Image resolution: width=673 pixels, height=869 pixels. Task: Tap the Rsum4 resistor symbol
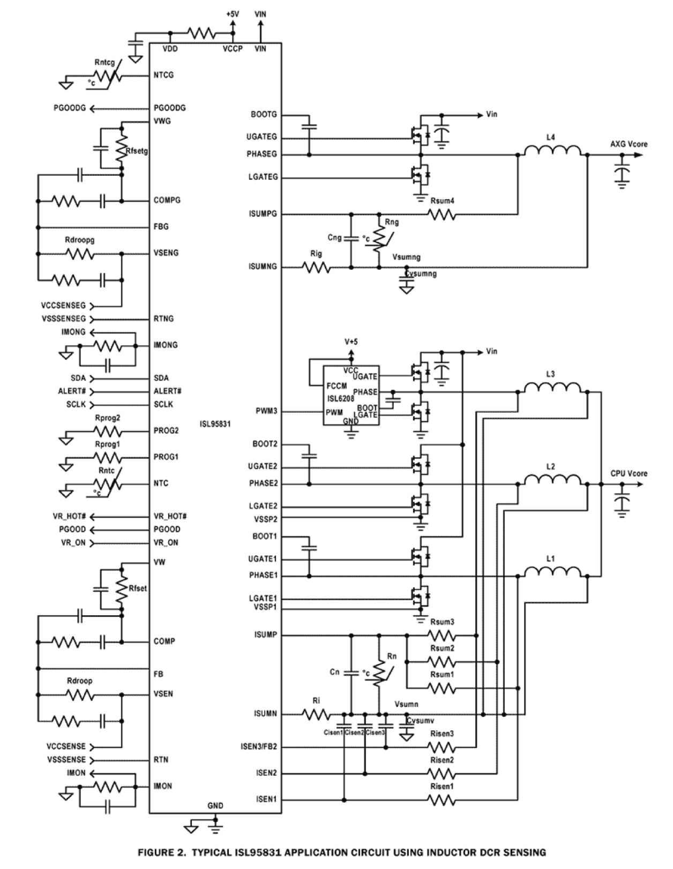click(x=442, y=215)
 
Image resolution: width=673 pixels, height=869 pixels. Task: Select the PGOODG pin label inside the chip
click(x=169, y=108)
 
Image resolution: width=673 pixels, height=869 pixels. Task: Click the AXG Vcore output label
click(x=629, y=144)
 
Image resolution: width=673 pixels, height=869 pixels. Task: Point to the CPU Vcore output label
click(x=629, y=473)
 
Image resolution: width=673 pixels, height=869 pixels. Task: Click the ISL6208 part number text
click(x=341, y=398)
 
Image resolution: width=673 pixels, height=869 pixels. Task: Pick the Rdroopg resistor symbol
click(x=80, y=254)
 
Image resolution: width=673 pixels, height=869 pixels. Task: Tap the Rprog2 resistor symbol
click(x=107, y=431)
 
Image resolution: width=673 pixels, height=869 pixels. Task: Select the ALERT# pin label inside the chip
click(x=167, y=391)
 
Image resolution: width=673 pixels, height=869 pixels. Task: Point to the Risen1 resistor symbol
click(x=442, y=800)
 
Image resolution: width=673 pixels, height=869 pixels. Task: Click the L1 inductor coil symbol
click(x=552, y=572)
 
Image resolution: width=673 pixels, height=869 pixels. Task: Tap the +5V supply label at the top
click(x=232, y=14)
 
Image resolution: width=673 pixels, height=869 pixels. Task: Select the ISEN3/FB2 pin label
click(x=259, y=747)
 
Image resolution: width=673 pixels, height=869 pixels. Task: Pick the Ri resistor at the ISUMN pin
click(x=316, y=714)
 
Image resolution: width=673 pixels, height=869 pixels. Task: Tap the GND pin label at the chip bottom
click(x=215, y=805)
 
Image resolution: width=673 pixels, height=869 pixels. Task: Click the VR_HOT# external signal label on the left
click(x=69, y=516)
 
